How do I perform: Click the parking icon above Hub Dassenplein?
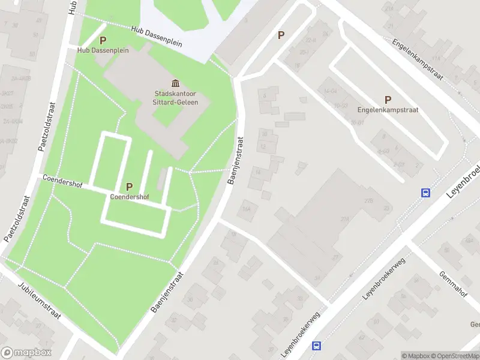tap(103, 40)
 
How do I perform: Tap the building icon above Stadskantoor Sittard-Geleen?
tap(176, 83)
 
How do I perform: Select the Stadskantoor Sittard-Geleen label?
tap(179, 98)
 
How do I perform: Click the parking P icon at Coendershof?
tap(129, 187)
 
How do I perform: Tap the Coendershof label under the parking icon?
tap(130, 197)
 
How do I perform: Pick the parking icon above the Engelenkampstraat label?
tap(388, 100)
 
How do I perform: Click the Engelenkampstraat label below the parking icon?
tap(388, 110)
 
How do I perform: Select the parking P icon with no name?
tap(281, 35)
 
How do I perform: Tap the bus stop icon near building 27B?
tap(425, 193)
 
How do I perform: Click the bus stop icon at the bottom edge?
tap(316, 346)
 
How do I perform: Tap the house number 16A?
tap(245, 209)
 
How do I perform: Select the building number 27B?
tap(369, 200)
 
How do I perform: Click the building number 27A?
tap(344, 220)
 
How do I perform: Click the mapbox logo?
tap(26, 352)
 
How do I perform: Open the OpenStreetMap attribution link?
tap(454, 356)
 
